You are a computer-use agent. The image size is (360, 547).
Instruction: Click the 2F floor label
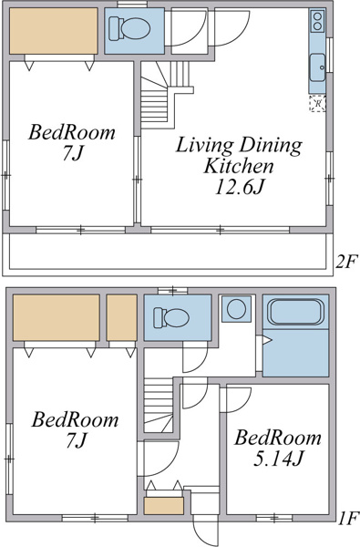pyautogui.click(x=346, y=262)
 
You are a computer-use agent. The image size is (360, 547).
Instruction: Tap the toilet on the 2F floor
pyautogui.click(x=129, y=29)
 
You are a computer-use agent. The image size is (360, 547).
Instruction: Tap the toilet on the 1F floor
pyautogui.click(x=171, y=317)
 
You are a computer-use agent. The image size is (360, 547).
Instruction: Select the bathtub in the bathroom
pyautogui.click(x=295, y=312)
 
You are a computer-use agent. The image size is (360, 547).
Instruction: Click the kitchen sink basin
pyautogui.click(x=317, y=67)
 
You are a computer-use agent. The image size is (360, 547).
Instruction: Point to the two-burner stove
pyautogui.click(x=317, y=21)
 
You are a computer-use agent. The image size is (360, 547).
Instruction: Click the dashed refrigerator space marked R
pyautogui.click(x=317, y=103)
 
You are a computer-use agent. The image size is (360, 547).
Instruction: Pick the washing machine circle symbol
pyautogui.click(x=237, y=309)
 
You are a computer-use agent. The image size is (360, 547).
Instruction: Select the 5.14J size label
pyautogui.click(x=277, y=459)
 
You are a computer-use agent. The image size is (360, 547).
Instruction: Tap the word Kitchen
pyautogui.click(x=239, y=166)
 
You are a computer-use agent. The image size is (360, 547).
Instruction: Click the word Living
pyautogui.click(x=204, y=146)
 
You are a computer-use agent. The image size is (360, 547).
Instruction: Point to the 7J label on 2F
pyautogui.click(x=73, y=152)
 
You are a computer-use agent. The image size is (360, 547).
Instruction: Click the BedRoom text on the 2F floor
pyautogui.click(x=71, y=132)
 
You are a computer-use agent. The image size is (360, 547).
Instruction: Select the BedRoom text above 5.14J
pyautogui.click(x=277, y=438)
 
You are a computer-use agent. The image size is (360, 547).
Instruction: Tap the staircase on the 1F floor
pyautogui.click(x=159, y=406)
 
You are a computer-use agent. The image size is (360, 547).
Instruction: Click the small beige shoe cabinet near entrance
pyautogui.click(x=164, y=506)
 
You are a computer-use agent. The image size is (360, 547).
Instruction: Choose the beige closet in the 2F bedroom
pyautogui.click(x=54, y=31)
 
